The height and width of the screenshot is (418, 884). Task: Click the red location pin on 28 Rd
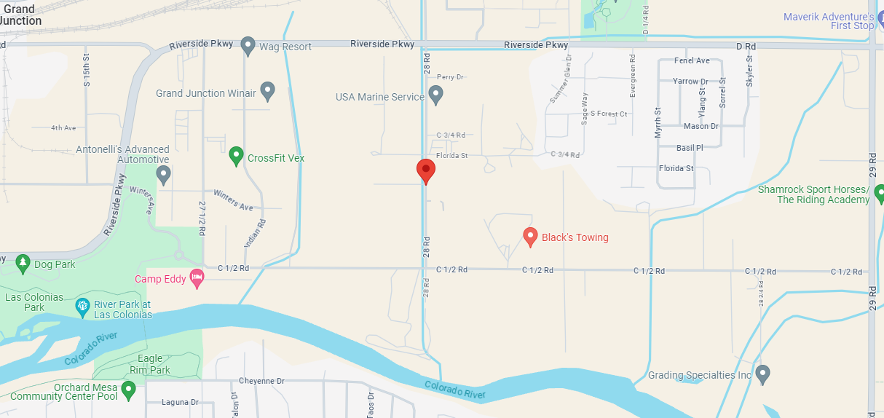(x=426, y=170)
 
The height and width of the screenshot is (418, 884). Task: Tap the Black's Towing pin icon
(x=531, y=237)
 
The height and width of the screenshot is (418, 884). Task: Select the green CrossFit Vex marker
(x=236, y=156)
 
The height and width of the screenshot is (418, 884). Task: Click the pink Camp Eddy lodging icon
(x=197, y=277)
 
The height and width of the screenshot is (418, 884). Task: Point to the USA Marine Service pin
(x=435, y=95)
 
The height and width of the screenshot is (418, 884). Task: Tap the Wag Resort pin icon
(x=248, y=46)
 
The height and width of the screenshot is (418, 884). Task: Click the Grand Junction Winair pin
(x=267, y=92)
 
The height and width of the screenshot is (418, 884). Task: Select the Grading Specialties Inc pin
(x=762, y=374)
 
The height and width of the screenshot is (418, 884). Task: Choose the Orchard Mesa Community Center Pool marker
(x=129, y=390)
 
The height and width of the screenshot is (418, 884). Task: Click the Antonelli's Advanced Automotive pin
(x=164, y=175)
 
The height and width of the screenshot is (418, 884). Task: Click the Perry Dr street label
(x=450, y=76)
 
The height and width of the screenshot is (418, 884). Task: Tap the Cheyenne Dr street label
(x=261, y=381)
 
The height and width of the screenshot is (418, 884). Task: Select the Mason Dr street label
(x=701, y=126)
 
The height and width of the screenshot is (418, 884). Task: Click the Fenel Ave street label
(x=692, y=60)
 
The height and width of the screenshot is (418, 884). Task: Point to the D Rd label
(x=746, y=46)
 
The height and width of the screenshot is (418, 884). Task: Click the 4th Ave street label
(x=63, y=128)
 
